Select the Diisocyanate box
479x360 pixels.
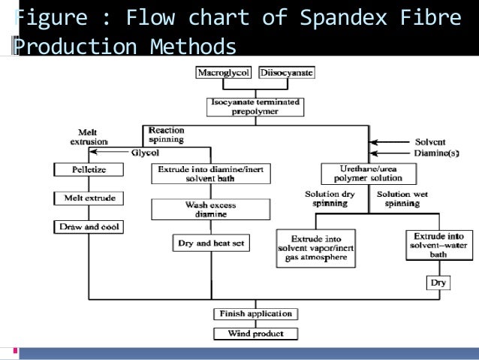click(x=287, y=74)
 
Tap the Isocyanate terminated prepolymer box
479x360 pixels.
click(x=255, y=107)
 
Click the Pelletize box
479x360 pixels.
click(x=89, y=170)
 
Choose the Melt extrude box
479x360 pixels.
click(x=89, y=198)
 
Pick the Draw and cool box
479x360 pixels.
click(x=89, y=226)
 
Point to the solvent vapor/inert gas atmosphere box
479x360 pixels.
click(x=316, y=247)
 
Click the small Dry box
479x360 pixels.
click(x=438, y=283)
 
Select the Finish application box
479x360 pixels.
click(x=255, y=313)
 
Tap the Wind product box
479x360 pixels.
click(x=255, y=333)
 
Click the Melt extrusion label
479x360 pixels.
click(x=88, y=136)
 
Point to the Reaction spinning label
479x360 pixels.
click(x=167, y=135)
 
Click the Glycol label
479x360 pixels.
click(x=144, y=152)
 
